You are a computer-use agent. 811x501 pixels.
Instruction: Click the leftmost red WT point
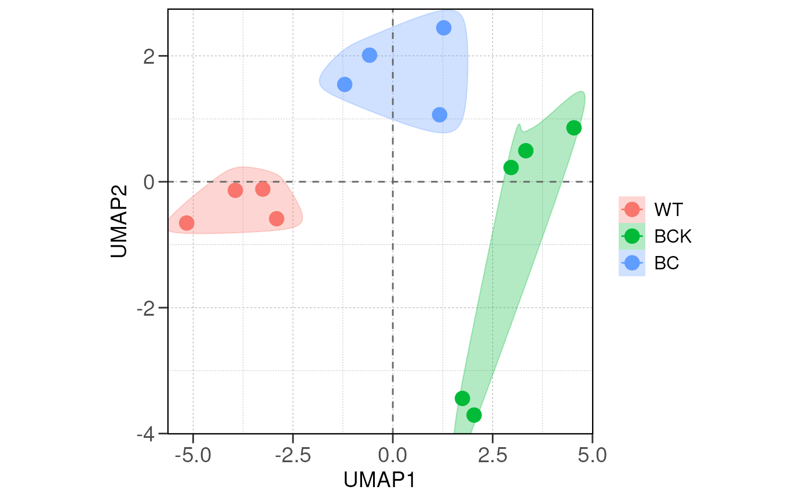pos(187,223)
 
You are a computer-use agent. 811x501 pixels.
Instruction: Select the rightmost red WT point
pos(276,218)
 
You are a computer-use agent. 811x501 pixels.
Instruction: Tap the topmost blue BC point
pos(444,28)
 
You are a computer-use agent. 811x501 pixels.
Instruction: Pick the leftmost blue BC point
pos(345,85)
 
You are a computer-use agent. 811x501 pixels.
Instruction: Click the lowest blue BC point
pos(440,115)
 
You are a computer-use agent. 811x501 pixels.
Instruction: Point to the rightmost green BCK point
pos(573,128)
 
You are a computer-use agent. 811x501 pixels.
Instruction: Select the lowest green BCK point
pos(474,415)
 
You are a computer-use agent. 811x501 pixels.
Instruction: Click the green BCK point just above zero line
pos(511,167)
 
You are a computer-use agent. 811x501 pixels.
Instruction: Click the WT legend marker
pos(632,209)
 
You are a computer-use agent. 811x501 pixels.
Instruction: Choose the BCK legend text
pos(673,236)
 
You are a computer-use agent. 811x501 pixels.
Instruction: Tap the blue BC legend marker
pos(632,263)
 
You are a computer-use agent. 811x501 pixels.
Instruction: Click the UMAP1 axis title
pos(379,480)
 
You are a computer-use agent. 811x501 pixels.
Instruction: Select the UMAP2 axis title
pos(118,221)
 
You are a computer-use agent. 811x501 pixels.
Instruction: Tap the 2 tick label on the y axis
pos(149,56)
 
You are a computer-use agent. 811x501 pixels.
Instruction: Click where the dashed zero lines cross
pos(393,182)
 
